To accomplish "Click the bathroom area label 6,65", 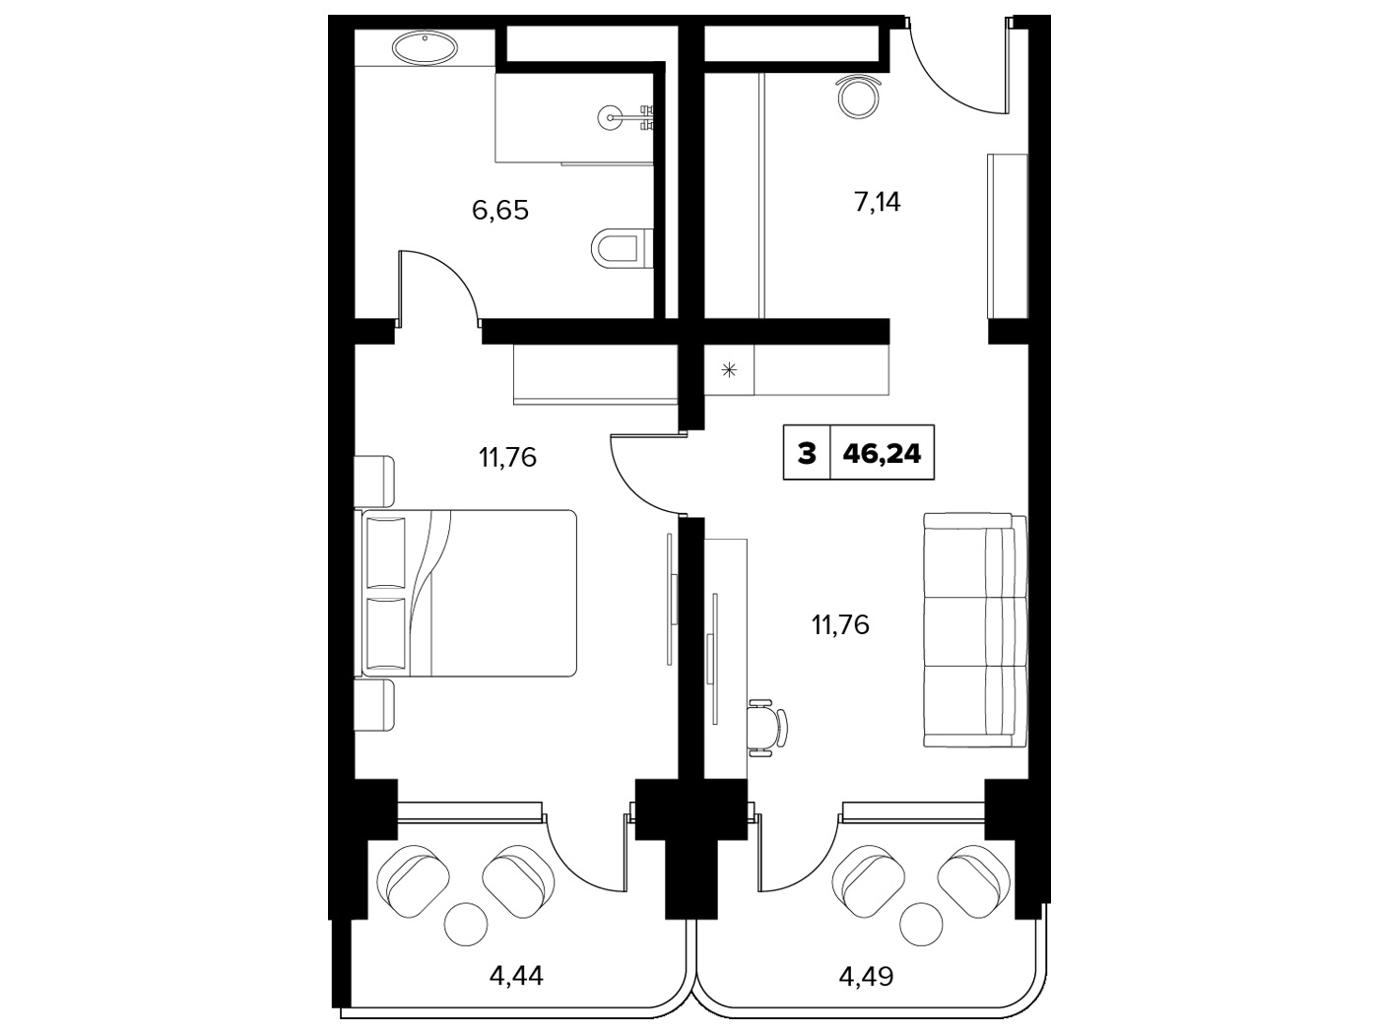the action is (500, 211).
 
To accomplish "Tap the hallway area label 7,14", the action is (878, 202).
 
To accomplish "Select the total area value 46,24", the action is (882, 453).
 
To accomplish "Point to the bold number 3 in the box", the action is (807, 453).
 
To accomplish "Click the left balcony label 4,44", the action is (516, 976).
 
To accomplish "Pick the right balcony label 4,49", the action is (866, 976).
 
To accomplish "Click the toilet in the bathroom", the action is (623, 247).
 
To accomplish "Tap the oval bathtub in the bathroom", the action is (425, 48).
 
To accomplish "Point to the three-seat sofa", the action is (975, 630).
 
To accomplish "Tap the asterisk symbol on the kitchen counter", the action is (729, 370).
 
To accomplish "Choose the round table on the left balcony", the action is (466, 924).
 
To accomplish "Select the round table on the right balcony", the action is (921, 924).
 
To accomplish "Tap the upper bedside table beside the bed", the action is (374, 481).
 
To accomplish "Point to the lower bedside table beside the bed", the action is (374, 706).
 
